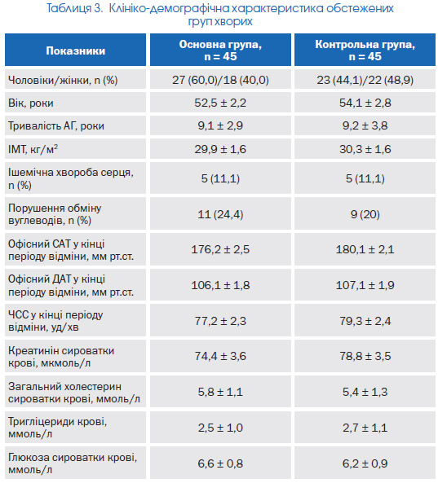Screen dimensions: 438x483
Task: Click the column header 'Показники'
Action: tap(76, 50)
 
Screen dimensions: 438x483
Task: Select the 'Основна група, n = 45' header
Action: tap(220, 50)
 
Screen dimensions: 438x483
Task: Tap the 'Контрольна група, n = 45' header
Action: tap(365, 50)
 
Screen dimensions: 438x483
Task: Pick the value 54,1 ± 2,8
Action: tap(365, 103)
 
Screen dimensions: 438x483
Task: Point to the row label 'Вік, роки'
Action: tap(31, 103)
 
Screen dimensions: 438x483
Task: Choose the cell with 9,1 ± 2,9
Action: tap(220, 125)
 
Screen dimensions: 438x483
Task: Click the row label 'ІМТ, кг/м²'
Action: tap(33, 149)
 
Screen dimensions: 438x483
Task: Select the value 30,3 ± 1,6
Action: tap(365, 149)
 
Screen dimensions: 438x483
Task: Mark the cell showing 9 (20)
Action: tap(365, 214)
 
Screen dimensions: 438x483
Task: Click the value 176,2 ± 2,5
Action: tap(220, 249)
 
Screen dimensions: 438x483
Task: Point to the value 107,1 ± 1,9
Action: tap(365, 285)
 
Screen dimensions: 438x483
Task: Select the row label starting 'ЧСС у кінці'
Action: tap(55, 321)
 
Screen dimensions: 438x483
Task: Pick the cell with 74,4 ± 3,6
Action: tap(220, 356)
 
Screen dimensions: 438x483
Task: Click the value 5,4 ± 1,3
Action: tap(365, 392)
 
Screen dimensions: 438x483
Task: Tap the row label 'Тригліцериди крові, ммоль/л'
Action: tap(57, 428)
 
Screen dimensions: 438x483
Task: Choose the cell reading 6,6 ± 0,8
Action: tap(220, 463)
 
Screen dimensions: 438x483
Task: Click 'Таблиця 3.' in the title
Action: tap(74, 8)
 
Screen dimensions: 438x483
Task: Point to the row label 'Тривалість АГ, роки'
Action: tap(56, 125)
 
